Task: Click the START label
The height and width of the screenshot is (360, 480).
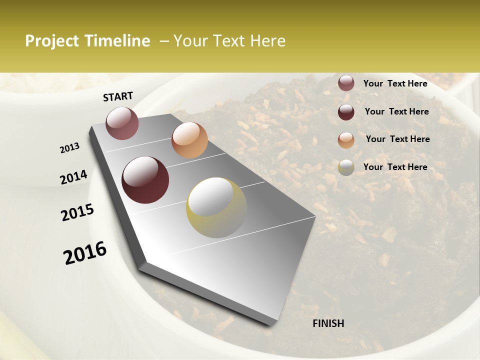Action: click(x=118, y=96)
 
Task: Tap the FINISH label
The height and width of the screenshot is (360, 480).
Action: click(x=328, y=323)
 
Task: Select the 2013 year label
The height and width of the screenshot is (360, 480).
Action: click(x=69, y=148)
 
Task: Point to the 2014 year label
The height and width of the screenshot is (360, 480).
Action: click(x=73, y=177)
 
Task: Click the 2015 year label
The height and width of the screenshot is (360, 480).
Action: click(x=77, y=212)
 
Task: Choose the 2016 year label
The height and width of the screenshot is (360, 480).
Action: click(x=85, y=253)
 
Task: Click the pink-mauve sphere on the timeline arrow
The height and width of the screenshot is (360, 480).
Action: click(x=122, y=123)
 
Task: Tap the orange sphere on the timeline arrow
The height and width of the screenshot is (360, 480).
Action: click(x=189, y=140)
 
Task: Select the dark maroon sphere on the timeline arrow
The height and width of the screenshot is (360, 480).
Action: click(x=145, y=180)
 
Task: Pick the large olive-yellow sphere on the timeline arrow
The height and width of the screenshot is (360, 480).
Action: click(x=216, y=207)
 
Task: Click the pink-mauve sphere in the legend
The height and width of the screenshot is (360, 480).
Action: click(x=346, y=83)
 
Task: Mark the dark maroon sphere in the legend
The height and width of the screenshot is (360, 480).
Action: click(x=346, y=112)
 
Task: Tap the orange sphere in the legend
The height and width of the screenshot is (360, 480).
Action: click(x=346, y=140)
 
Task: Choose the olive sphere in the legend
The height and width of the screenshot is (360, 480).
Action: click(x=346, y=167)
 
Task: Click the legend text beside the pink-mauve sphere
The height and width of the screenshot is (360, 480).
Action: click(x=395, y=83)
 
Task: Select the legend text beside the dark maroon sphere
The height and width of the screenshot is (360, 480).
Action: click(x=396, y=111)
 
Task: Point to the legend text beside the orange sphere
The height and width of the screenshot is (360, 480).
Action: click(x=397, y=139)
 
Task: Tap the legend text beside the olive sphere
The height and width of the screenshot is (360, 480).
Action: click(x=395, y=167)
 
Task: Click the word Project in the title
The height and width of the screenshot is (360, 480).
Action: click(x=52, y=41)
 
